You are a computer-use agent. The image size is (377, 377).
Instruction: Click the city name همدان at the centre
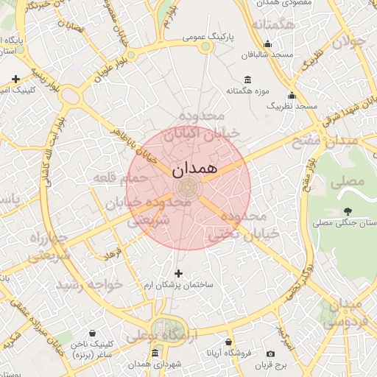194,169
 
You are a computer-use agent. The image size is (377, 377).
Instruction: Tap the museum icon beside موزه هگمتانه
246,80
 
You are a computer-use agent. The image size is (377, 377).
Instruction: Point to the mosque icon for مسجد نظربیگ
292,95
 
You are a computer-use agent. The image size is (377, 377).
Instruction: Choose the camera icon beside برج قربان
271,354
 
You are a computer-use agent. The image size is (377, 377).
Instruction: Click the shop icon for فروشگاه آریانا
229,342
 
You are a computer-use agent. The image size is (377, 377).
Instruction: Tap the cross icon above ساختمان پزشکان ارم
177,274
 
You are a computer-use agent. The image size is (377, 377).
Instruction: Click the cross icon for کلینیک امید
15,78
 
